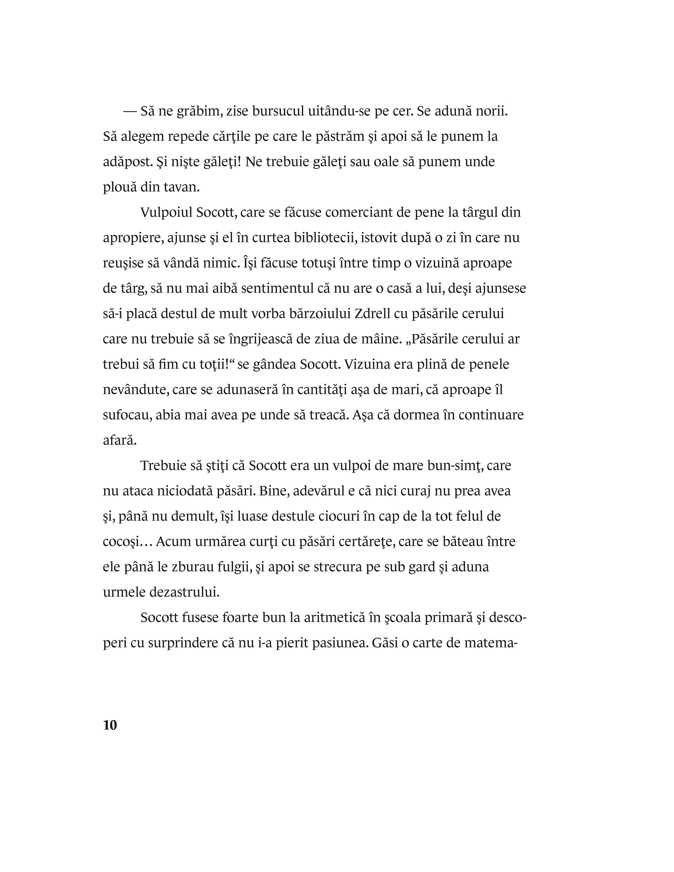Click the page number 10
110,725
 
